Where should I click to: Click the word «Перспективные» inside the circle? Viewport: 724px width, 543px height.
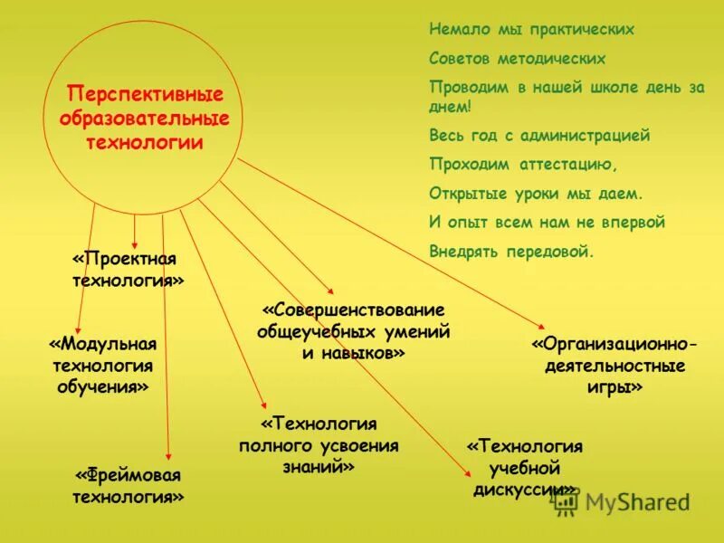pos(146,95)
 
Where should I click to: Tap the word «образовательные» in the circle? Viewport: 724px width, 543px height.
pos(146,119)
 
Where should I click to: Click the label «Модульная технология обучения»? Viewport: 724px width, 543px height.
pos(103,366)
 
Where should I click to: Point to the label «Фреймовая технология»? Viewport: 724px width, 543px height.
pos(129,486)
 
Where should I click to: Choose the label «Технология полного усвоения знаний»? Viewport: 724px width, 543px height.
pos(319,445)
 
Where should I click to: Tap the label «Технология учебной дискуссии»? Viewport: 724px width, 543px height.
pos(524,468)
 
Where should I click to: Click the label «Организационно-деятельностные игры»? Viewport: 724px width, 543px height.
pos(614,366)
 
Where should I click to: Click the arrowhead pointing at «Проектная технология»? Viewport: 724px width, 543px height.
pos(135,243)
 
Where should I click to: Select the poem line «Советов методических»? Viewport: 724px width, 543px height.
pos(517,59)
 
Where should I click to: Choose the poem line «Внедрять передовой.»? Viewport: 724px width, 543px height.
pos(511,252)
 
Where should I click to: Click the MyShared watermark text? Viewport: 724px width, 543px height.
pos(635,501)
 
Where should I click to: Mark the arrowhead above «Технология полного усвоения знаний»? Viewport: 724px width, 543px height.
pos(263,406)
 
